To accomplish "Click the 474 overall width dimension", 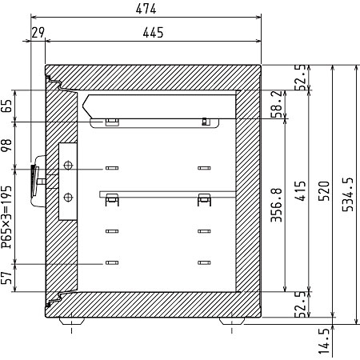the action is [146, 9].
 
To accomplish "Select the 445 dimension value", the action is [153, 33].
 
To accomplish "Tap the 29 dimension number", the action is [38, 33].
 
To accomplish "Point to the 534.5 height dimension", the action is [348, 194].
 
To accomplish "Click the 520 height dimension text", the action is [324, 191].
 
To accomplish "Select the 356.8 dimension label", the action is [276, 205].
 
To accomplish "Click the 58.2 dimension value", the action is [276, 104].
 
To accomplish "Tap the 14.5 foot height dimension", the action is [324, 342].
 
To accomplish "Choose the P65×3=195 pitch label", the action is [6, 217].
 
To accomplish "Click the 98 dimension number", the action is [6, 146].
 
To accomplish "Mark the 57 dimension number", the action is [6, 278].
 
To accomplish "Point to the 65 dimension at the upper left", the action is [6, 106].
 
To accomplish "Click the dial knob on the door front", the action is [34, 181].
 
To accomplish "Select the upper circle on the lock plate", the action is [68, 166].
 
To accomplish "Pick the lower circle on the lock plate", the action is [68, 198].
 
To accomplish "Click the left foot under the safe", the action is [72, 321].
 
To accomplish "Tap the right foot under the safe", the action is [232, 321].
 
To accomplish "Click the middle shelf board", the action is [167, 194].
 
